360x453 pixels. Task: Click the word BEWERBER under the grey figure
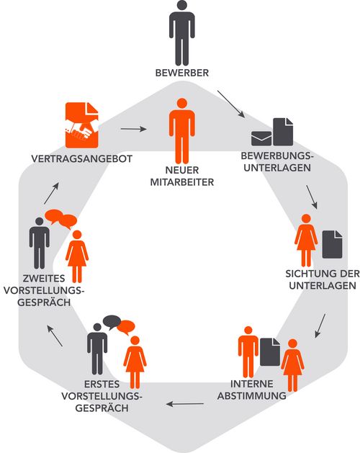point(181,73)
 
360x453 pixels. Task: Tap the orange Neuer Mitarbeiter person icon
point(181,131)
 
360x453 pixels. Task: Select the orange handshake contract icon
point(82,125)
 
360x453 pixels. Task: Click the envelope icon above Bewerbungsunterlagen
point(261,138)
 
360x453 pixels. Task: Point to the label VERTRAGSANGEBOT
point(82,158)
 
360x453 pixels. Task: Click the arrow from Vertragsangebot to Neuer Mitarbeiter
point(133,129)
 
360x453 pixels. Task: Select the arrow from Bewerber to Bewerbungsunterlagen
point(231,104)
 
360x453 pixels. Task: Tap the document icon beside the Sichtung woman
point(332,244)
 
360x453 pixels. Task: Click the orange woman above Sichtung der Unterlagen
point(306,241)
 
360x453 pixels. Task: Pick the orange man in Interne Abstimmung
point(248,352)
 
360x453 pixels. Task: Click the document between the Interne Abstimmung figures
point(270,352)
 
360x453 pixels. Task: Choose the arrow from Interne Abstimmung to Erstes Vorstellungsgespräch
point(185,404)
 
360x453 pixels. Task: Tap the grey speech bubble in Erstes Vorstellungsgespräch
point(112,322)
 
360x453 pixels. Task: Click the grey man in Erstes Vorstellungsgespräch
point(97,349)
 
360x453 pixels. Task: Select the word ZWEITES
point(44,279)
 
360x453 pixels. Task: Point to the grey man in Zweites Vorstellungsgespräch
point(40,243)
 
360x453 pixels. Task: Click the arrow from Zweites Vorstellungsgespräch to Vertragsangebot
point(51,193)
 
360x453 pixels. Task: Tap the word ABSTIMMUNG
point(252,396)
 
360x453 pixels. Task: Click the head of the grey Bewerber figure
point(182,6)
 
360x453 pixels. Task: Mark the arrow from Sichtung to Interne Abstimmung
point(320,326)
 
